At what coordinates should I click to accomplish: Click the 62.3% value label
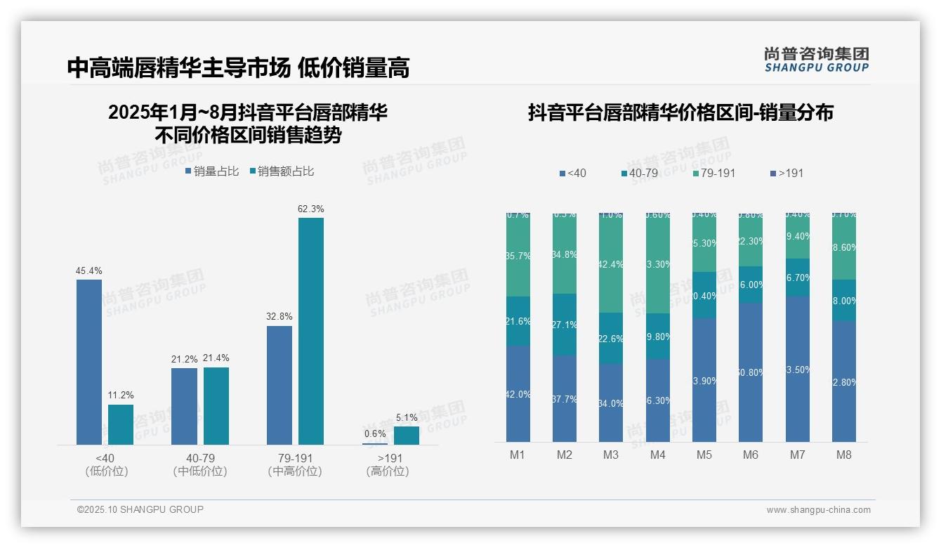point(310,209)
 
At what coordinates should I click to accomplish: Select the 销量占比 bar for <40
point(89,362)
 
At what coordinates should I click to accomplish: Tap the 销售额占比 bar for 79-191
point(310,331)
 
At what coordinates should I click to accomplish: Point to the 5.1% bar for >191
point(406,436)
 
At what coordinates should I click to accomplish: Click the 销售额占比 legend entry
point(282,171)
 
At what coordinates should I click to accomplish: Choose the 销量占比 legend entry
point(212,171)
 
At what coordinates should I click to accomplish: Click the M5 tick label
point(704,455)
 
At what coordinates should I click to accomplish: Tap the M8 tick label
point(843,455)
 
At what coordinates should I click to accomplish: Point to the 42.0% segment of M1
point(518,393)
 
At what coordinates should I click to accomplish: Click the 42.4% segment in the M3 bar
point(611,263)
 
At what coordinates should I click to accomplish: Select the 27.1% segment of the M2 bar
point(564,325)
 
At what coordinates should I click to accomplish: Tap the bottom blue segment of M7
point(797,369)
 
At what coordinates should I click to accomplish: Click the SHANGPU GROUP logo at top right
point(816,59)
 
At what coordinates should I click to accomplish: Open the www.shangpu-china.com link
point(818,510)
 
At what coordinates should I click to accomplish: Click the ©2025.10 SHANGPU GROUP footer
point(140,509)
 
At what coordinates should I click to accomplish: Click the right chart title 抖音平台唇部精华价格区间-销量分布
point(680,112)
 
